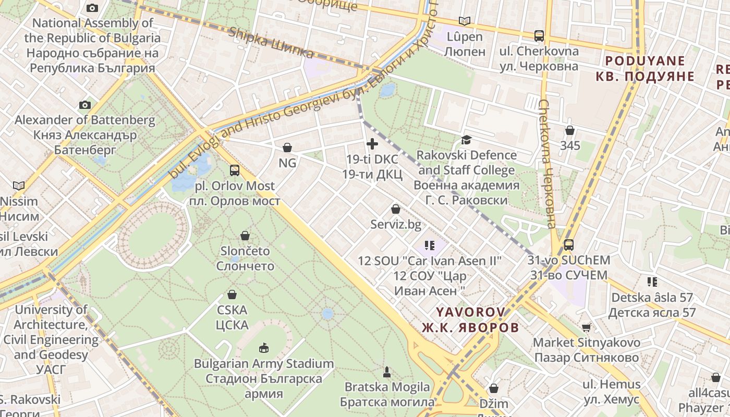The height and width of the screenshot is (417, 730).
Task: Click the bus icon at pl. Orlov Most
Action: click(x=235, y=170)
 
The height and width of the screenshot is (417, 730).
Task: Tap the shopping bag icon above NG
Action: click(x=287, y=148)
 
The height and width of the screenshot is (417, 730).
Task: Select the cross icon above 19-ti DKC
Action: click(x=372, y=144)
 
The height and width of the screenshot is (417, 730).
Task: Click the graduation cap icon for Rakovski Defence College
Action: click(x=466, y=140)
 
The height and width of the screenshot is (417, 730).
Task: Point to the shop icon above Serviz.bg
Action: click(x=396, y=209)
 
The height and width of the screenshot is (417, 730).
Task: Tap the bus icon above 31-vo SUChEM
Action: click(x=568, y=244)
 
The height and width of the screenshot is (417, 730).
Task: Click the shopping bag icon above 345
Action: click(x=570, y=130)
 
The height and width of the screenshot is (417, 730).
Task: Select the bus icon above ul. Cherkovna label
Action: click(x=539, y=35)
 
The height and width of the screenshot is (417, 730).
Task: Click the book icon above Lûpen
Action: click(x=464, y=21)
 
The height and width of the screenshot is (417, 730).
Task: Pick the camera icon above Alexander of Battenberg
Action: click(x=85, y=105)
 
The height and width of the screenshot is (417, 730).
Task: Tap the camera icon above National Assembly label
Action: click(x=92, y=8)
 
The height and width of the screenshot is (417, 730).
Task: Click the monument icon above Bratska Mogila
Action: click(x=387, y=372)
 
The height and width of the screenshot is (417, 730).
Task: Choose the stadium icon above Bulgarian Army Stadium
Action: click(x=263, y=348)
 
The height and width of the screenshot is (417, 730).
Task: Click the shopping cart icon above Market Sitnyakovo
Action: click(x=587, y=327)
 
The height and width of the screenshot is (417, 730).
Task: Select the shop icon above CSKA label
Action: click(x=232, y=295)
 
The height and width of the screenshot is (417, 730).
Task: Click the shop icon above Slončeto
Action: click(x=245, y=236)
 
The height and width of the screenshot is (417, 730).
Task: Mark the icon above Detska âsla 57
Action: click(x=652, y=282)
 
